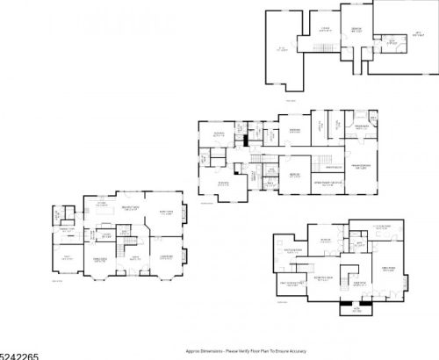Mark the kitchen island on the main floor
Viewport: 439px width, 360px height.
103,214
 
